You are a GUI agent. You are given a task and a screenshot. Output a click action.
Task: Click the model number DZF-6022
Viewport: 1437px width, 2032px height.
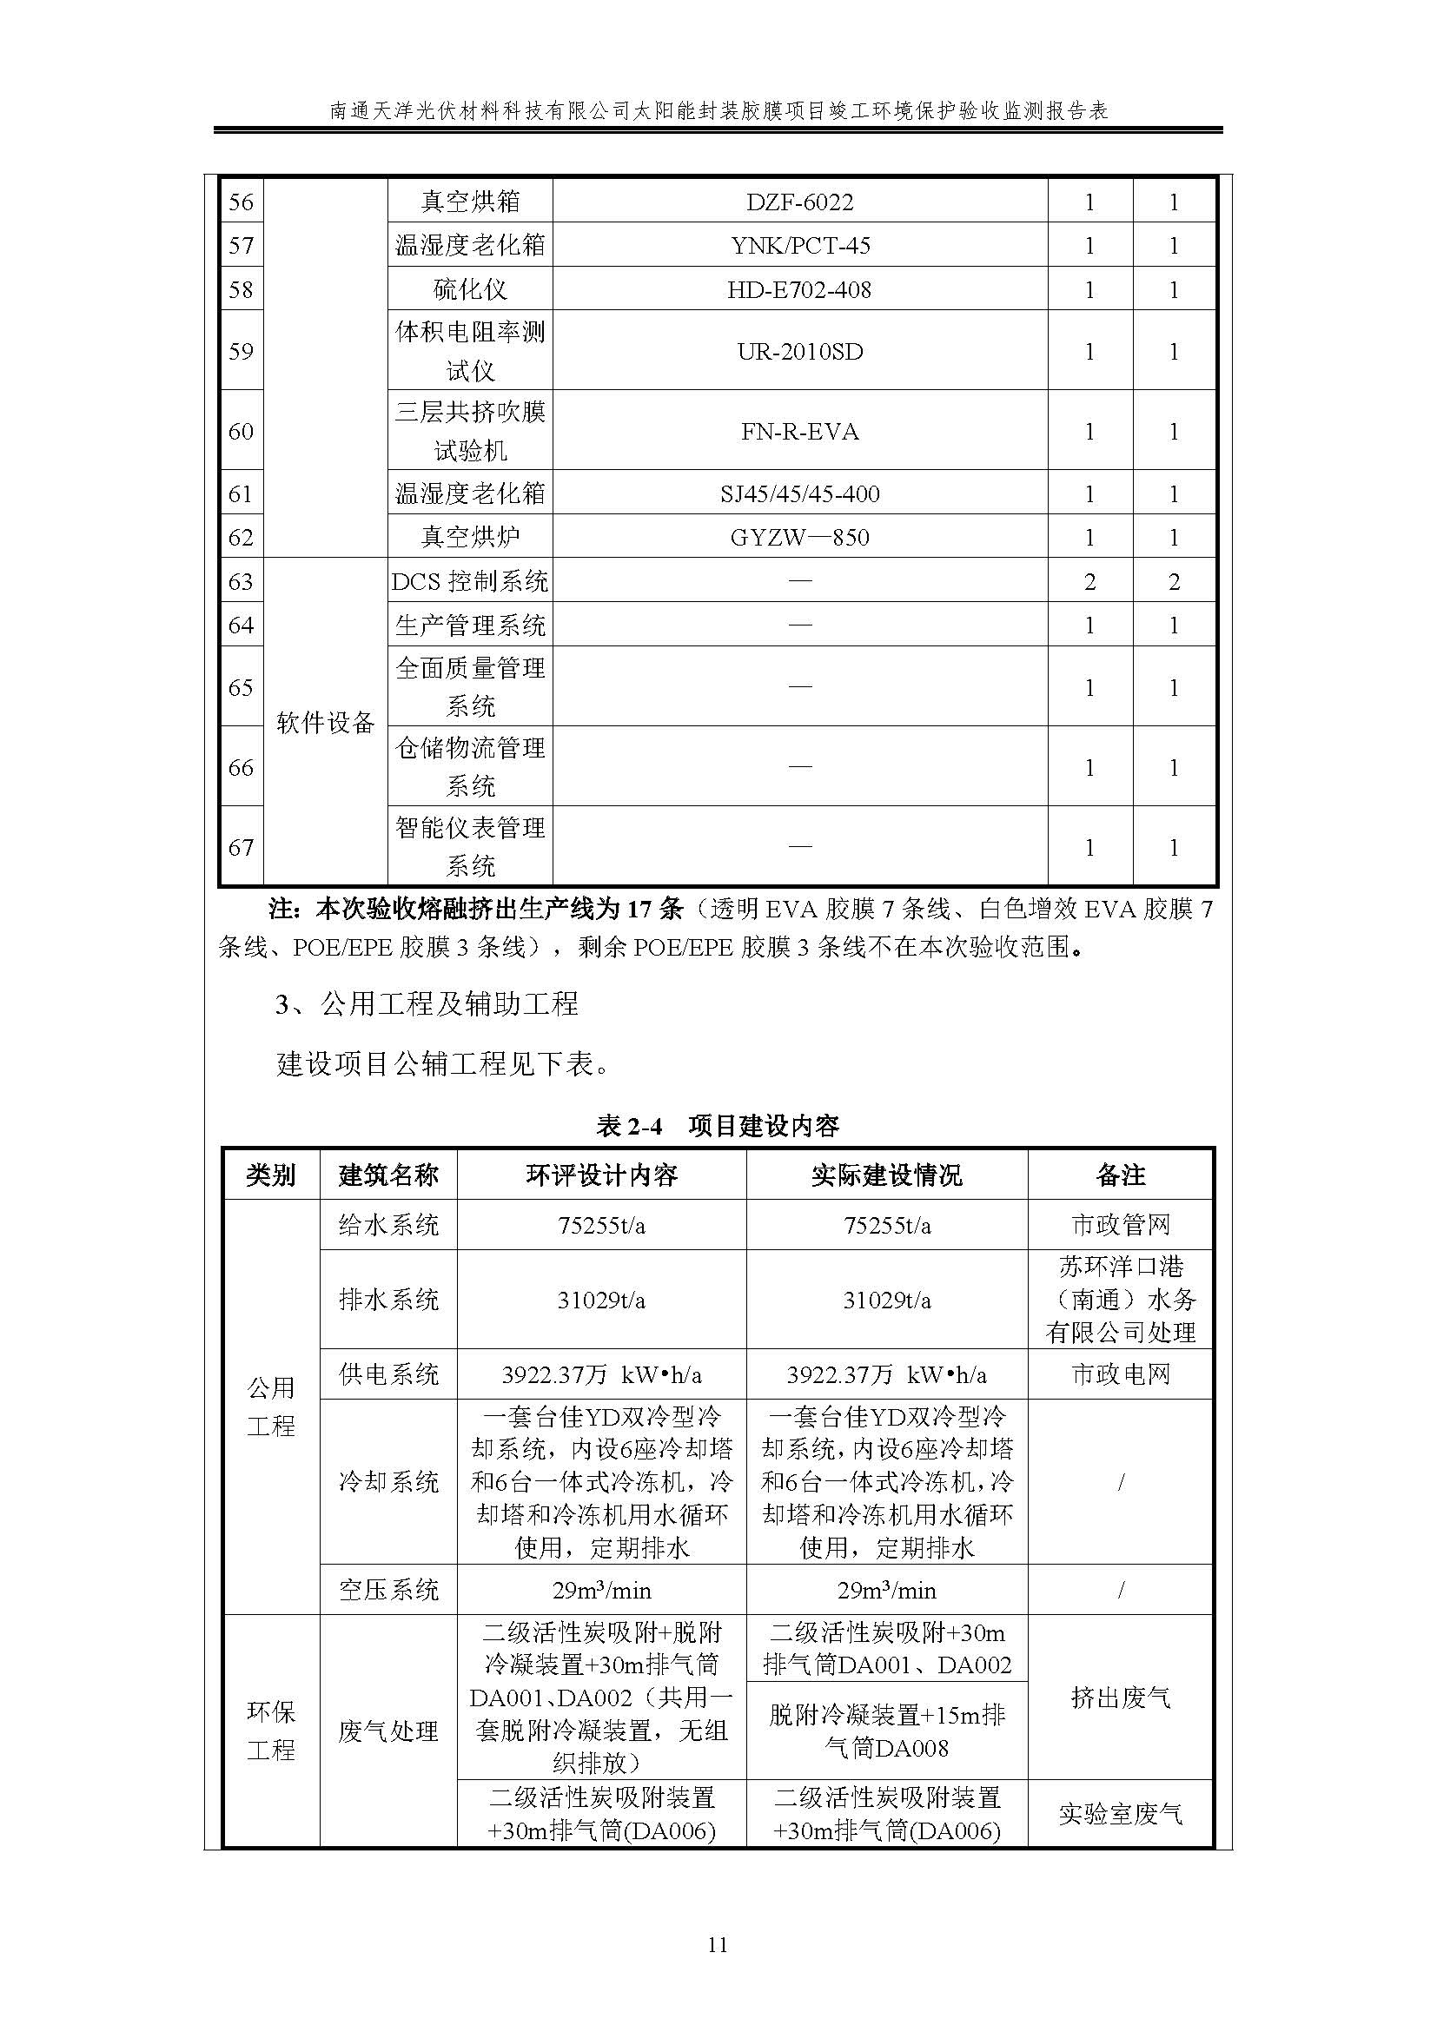click(x=799, y=202)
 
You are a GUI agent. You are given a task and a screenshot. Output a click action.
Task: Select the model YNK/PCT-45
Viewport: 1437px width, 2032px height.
click(x=799, y=245)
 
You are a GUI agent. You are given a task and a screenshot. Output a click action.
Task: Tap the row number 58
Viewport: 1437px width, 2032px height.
click(x=241, y=289)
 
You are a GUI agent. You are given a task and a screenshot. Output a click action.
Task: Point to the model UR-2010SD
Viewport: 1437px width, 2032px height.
click(x=799, y=351)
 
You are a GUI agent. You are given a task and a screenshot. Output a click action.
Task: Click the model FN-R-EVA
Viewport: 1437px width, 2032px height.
click(x=799, y=431)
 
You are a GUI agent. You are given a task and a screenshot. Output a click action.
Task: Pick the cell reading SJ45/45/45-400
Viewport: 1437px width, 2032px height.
click(x=799, y=493)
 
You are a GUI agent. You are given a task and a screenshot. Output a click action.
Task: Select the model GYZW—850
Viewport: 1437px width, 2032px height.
click(x=799, y=537)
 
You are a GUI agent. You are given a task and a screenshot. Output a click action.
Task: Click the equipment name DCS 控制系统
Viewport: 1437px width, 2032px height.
click(x=470, y=581)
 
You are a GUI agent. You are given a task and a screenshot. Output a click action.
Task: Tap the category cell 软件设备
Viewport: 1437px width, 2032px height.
click(x=326, y=722)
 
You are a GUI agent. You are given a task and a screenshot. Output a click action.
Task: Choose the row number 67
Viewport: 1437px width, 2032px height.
click(x=241, y=847)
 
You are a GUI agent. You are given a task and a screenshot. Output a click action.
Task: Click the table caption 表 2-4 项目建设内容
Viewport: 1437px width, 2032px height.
click(x=718, y=1126)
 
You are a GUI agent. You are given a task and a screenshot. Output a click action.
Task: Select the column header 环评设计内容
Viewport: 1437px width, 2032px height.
click(x=602, y=1175)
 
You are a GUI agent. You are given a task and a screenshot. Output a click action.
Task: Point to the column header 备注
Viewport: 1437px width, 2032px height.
click(x=1120, y=1175)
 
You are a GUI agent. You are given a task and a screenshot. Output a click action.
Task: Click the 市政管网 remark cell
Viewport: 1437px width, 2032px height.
click(x=1120, y=1225)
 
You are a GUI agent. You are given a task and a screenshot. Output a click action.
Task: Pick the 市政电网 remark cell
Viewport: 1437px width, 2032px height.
click(x=1120, y=1373)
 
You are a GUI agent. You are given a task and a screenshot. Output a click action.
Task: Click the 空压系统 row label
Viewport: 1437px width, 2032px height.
click(x=388, y=1590)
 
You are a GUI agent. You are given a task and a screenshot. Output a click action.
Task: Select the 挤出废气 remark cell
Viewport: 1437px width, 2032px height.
click(x=1120, y=1697)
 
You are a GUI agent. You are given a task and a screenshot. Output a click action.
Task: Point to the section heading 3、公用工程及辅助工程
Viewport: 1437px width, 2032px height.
click(x=427, y=1004)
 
